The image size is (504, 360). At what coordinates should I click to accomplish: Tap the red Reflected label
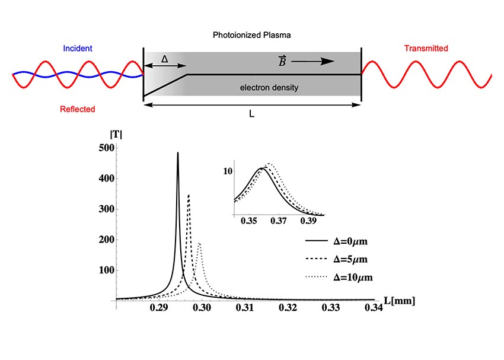point(78,109)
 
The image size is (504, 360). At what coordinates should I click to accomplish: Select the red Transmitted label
point(426,48)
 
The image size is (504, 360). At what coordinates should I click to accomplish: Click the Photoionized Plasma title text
point(252,35)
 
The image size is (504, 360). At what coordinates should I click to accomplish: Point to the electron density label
point(269,88)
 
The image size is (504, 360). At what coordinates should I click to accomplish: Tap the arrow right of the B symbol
point(312,60)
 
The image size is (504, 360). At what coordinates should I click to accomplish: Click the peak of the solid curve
point(177,153)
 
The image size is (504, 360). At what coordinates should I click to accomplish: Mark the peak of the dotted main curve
point(199,243)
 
